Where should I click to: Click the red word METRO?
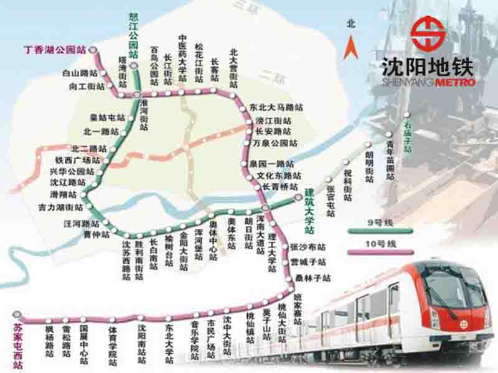456,82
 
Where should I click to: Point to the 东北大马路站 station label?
276,108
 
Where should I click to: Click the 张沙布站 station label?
308,248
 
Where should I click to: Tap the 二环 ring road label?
268,77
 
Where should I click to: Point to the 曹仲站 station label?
96,234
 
